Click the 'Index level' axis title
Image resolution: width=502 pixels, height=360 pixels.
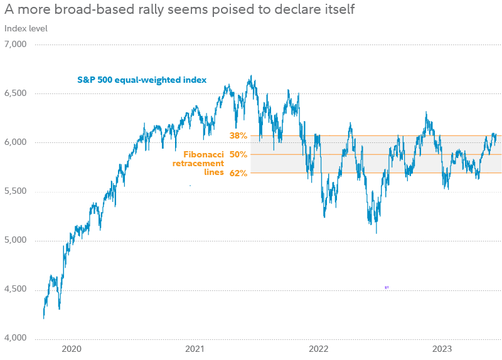pos(26,28)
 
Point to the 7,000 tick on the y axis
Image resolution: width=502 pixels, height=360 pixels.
pos(15,45)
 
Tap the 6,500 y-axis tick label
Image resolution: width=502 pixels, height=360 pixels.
pos(15,93)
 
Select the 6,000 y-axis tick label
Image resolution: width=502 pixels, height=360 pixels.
pos(15,142)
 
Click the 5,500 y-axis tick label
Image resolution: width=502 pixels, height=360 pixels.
pos(15,191)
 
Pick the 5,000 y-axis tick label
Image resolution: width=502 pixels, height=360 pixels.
pos(15,240)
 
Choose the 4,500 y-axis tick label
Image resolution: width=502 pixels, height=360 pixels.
pos(15,289)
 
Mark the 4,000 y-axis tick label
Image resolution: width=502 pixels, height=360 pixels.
pos(15,338)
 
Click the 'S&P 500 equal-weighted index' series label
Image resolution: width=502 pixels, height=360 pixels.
pos(142,80)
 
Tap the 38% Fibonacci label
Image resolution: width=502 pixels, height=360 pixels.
pos(238,135)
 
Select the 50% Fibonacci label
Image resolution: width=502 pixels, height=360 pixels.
pos(238,154)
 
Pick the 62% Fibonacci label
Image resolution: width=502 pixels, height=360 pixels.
pos(238,173)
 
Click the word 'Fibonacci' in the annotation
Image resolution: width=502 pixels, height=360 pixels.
pos(203,154)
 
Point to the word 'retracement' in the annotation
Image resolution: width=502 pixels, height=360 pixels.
pos(198,163)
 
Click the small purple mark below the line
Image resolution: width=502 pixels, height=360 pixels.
pos(387,287)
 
